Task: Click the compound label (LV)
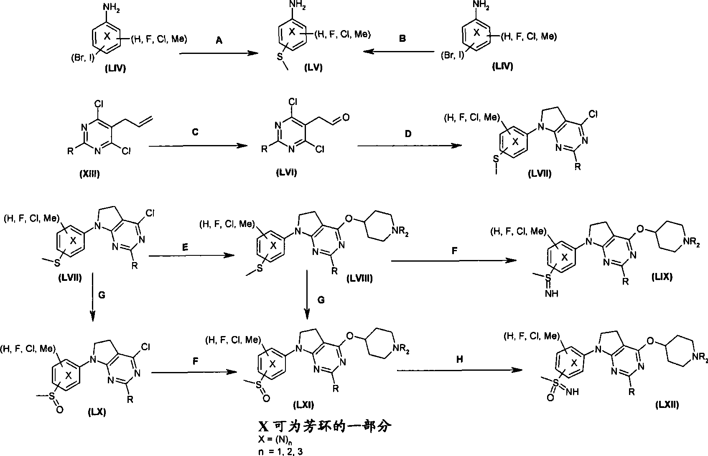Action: [x=313, y=68]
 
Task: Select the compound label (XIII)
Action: [x=89, y=173]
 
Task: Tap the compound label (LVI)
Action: [x=286, y=172]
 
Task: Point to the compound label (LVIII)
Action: [x=360, y=278]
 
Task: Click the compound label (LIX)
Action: [x=662, y=277]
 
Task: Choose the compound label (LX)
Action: [x=97, y=412]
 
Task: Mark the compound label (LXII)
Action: [x=667, y=405]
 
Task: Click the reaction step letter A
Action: [x=219, y=40]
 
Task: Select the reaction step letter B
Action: [x=402, y=38]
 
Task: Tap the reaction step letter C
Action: [x=195, y=132]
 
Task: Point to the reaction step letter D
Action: [x=408, y=134]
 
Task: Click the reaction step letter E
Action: [x=185, y=247]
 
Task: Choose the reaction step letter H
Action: [x=460, y=359]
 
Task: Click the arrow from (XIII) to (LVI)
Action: [x=198, y=146]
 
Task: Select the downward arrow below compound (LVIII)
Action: [x=307, y=295]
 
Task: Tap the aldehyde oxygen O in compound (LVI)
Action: [x=346, y=117]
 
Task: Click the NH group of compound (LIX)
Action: [x=552, y=293]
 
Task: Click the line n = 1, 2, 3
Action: [x=280, y=451]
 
